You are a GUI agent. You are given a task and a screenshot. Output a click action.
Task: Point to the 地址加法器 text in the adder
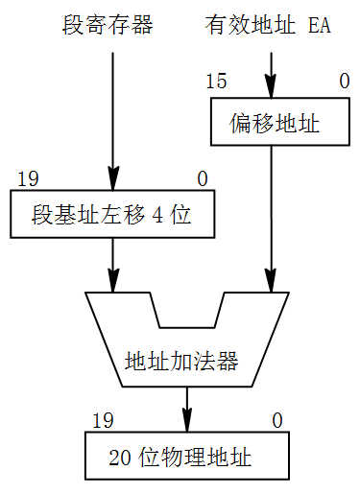[181, 362]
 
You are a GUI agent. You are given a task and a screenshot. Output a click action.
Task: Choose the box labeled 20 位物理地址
[187, 457]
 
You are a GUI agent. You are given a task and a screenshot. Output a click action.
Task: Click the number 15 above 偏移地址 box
[216, 82]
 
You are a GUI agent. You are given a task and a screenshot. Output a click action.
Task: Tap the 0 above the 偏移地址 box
[344, 82]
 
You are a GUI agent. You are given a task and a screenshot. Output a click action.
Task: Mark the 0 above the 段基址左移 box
[202, 178]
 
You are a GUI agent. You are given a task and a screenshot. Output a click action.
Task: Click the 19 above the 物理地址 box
[103, 420]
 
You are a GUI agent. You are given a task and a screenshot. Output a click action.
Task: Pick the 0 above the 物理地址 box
[276, 420]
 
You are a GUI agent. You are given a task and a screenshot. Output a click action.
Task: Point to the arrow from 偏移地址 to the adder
[274, 216]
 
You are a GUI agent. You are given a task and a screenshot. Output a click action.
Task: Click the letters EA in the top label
[319, 24]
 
